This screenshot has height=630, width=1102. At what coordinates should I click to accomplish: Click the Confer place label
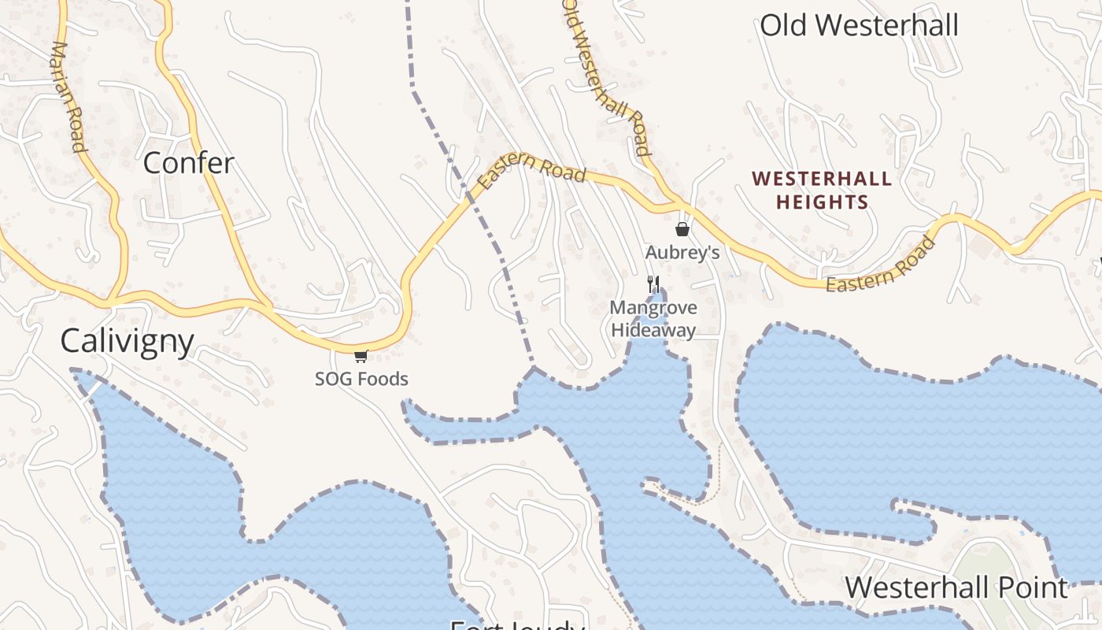(189, 163)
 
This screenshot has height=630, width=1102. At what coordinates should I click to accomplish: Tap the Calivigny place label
(128, 341)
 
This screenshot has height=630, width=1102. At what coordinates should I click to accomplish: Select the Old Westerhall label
(859, 25)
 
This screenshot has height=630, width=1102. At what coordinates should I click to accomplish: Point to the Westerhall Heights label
(823, 191)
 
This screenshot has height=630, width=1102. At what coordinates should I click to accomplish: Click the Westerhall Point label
(956, 587)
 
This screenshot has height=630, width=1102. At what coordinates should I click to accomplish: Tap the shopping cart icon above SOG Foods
(361, 356)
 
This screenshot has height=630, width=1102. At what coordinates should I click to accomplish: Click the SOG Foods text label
(361, 379)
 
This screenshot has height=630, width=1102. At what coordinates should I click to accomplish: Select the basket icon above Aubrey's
(682, 229)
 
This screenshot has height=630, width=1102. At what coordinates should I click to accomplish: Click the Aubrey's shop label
(682, 253)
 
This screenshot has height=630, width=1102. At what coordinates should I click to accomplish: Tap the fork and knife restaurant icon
(653, 284)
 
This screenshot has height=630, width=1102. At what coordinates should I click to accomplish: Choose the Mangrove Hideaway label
(653, 319)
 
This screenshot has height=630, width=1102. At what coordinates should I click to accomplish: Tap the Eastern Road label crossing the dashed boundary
(532, 172)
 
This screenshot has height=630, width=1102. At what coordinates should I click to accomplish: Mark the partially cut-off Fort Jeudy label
(516, 624)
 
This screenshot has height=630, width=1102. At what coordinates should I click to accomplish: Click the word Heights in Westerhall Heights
(823, 202)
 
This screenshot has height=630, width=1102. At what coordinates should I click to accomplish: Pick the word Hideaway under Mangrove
(653, 330)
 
